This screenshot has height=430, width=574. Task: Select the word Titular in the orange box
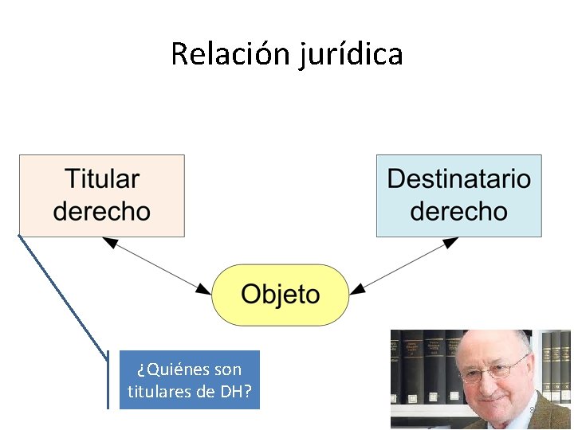pyautogui.click(x=101, y=179)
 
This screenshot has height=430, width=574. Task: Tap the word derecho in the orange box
pyautogui.click(x=101, y=211)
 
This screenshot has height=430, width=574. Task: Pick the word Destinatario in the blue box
pyautogui.click(x=458, y=179)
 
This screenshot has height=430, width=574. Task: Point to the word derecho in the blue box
pyautogui.click(x=458, y=211)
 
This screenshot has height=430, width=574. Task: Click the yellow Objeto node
pyautogui.click(x=281, y=295)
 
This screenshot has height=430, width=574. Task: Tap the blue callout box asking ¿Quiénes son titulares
pyautogui.click(x=190, y=380)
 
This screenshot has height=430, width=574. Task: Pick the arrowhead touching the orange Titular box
pyautogui.click(x=108, y=241)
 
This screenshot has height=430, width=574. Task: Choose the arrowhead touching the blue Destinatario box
pyautogui.click(x=452, y=241)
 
